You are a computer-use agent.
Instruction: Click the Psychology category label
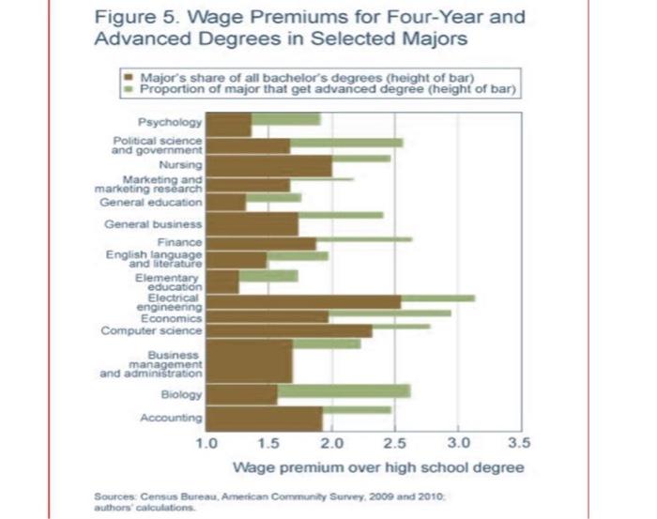click(x=170, y=123)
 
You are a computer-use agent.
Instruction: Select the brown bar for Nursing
click(x=267, y=166)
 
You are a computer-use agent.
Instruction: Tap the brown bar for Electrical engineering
click(x=302, y=301)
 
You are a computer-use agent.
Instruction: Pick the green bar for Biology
click(x=344, y=390)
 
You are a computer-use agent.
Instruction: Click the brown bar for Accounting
click(x=264, y=418)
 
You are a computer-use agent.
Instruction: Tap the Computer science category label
click(x=151, y=330)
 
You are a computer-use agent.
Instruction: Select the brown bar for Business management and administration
click(x=249, y=361)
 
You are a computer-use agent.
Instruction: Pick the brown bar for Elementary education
click(x=222, y=281)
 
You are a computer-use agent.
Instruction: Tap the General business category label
click(x=153, y=223)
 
